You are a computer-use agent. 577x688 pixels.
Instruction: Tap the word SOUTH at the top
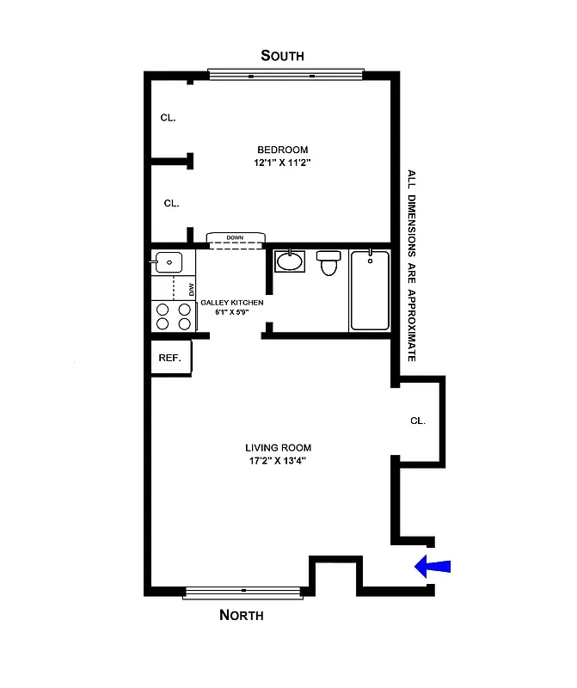pos(283,56)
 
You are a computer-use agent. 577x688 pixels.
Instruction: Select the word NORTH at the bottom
pos(242,615)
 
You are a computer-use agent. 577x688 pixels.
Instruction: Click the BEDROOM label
pos(280,150)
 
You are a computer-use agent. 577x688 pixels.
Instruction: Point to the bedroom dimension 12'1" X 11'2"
pos(280,163)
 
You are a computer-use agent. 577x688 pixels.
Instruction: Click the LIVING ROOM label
pos(278,447)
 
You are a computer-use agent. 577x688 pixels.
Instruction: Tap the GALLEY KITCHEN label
pos(232,303)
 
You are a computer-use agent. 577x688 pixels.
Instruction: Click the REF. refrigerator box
pos(170,358)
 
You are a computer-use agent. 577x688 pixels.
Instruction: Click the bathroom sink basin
pos(290,261)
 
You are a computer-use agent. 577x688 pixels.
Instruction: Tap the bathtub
pos(370,290)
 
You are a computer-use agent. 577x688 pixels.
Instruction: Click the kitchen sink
pos(169,261)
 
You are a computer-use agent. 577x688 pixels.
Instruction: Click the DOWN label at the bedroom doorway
pos(235,237)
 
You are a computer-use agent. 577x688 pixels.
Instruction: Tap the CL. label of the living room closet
pos(418,421)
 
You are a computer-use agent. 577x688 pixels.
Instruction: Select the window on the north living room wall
pos(243,591)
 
